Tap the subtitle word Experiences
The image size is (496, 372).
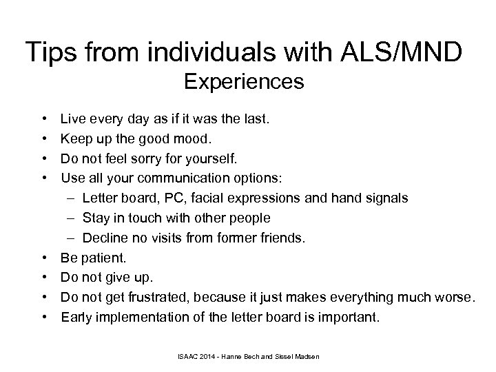click(245, 83)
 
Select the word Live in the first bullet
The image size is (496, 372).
click(73, 119)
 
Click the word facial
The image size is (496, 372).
click(208, 198)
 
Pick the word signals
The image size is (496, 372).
click(385, 198)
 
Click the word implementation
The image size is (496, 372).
click(147, 317)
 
